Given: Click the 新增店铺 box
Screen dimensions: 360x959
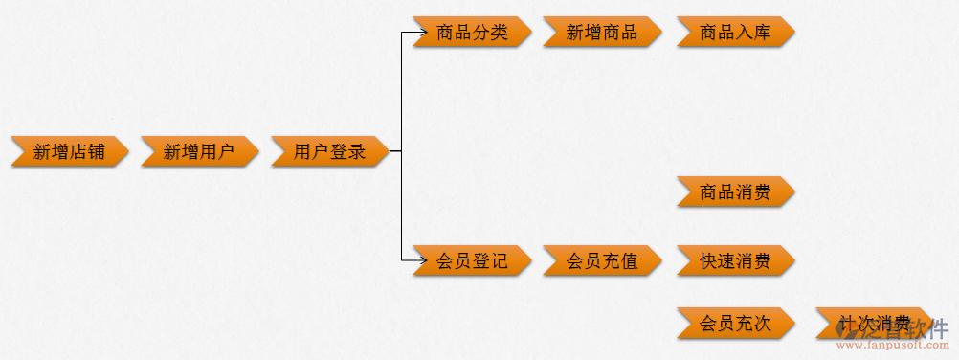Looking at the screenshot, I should tap(69, 151).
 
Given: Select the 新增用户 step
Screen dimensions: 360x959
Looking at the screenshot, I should tap(199, 151).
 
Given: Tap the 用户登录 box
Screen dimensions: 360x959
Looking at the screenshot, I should tap(329, 151).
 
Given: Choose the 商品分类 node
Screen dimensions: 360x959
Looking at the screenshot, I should tap(472, 33).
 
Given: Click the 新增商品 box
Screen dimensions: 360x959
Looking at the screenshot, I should tap(602, 33).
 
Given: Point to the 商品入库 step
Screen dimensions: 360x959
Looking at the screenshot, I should tap(735, 33).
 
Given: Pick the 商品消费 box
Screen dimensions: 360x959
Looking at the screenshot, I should tap(735, 191).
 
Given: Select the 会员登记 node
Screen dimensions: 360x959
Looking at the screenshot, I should tap(472, 259).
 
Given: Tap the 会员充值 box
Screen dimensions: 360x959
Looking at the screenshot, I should tap(602, 259).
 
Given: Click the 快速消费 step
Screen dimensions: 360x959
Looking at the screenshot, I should tap(735, 259).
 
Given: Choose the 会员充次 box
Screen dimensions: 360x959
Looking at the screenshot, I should tap(735, 323).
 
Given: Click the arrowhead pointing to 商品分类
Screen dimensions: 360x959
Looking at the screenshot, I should tap(419, 33).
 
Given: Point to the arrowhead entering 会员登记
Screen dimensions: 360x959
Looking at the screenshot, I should tap(419, 259).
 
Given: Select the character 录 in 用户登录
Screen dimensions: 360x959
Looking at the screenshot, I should tap(357, 151).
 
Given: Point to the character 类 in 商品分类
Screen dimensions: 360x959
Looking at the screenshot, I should tap(499, 33).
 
